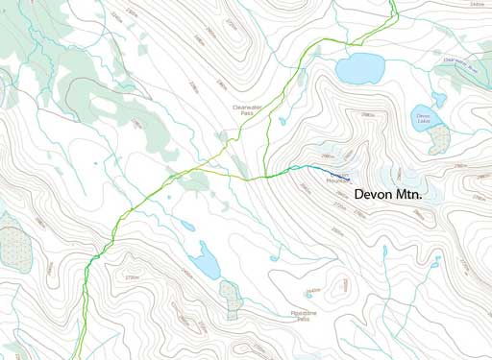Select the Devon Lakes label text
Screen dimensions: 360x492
tap(424, 117)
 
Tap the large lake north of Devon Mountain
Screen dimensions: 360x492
tap(359, 68)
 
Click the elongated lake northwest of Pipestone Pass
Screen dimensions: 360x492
tap(206, 261)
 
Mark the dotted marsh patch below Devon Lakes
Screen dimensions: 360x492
tap(439, 139)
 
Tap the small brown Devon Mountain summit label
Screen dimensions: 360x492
tap(337, 180)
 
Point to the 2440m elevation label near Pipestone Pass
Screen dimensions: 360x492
tap(313, 290)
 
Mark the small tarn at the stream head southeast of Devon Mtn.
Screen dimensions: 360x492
tap(384, 251)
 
